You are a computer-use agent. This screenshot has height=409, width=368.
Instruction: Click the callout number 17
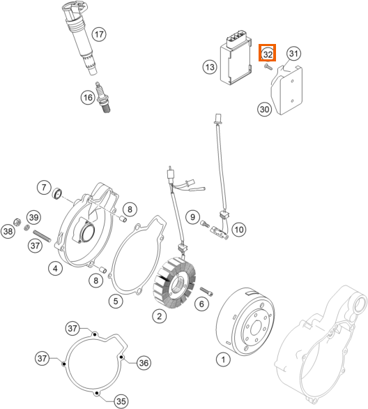99,34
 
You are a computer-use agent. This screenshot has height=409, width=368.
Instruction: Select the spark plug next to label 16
102,98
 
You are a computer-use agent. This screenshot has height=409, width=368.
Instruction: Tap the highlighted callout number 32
268,54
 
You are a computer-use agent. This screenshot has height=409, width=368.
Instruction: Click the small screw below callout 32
268,67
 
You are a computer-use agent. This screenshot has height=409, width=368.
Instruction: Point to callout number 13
210,67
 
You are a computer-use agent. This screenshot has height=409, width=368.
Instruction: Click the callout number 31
293,54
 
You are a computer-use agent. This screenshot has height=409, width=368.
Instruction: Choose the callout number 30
265,109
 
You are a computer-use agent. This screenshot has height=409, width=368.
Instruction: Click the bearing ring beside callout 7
57,193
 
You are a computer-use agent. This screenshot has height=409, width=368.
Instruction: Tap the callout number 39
34,217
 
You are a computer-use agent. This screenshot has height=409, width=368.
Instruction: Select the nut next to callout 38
17,222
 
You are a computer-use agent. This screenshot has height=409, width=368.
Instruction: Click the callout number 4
55,268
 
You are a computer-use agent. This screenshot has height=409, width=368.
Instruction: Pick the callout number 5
116,301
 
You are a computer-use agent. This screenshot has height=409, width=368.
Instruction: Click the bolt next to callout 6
206,291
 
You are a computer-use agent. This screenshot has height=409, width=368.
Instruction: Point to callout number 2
160,316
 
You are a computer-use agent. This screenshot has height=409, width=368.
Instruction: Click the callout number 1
223,359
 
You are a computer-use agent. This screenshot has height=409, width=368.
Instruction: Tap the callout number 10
239,230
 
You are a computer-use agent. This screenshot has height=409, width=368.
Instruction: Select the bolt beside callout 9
205,224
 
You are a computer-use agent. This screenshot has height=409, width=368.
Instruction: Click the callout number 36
144,362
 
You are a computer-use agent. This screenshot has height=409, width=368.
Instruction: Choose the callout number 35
121,401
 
